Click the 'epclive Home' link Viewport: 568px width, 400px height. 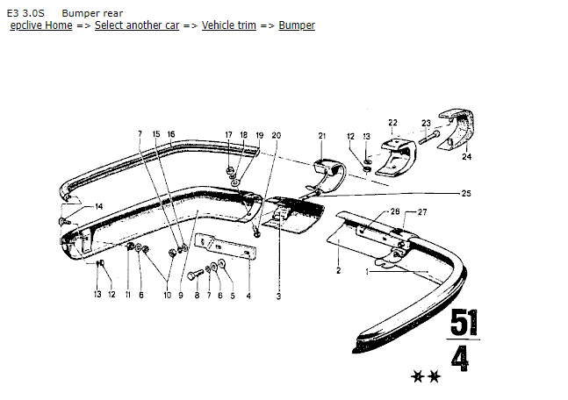tap(40, 25)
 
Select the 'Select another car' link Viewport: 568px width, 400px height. tap(137, 25)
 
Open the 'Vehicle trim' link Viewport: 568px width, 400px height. tap(229, 25)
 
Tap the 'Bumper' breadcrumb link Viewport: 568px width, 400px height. tap(297, 25)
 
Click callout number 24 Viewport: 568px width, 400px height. tap(467, 158)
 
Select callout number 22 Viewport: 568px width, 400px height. tap(392, 122)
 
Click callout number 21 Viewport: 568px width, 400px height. tap(321, 136)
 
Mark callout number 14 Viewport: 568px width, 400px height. tap(99, 206)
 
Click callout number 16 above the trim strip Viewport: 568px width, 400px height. tap(171, 134)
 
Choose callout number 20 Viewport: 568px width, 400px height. tap(277, 135)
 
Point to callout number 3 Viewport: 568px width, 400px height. tap(278, 296)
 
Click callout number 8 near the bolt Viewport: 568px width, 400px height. tap(197, 296)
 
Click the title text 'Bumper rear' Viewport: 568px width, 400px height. tap(92, 13)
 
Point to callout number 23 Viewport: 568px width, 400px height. tap(425, 124)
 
